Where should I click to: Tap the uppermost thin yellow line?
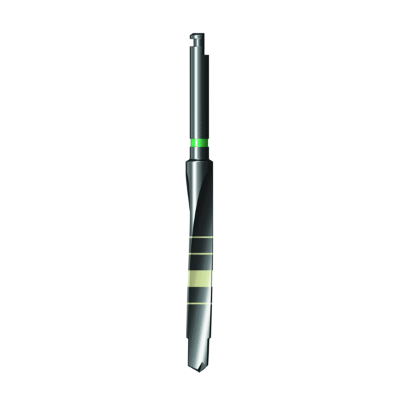tap(199, 237)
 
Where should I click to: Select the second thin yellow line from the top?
tap(199, 255)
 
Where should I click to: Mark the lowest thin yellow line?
tap(199, 303)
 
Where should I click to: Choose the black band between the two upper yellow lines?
tap(199, 245)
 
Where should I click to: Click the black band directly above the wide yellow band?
tap(199, 263)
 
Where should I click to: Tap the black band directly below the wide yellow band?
tap(199, 294)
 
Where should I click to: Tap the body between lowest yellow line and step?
tap(199, 323)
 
